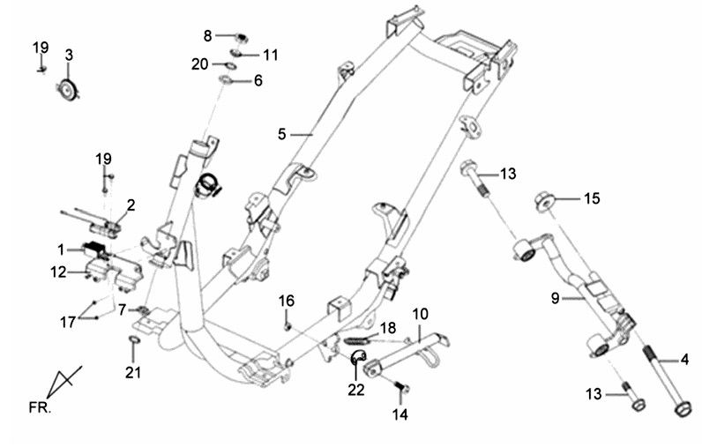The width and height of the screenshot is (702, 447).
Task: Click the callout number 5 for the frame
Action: pos(281,135)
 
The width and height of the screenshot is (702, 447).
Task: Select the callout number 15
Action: pos(590,199)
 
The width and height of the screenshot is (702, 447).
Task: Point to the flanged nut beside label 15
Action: pos(543,201)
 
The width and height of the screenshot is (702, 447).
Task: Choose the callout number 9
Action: pos(555,299)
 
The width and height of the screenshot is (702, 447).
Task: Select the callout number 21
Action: pos(132,372)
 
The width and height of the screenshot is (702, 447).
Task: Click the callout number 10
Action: pos(420,313)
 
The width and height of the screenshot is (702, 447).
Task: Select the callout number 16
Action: pos(287,302)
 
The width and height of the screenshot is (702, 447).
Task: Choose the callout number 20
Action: pos(200,63)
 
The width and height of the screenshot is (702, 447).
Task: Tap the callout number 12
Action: pos(58,272)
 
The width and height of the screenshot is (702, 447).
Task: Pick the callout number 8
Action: pos(208,36)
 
